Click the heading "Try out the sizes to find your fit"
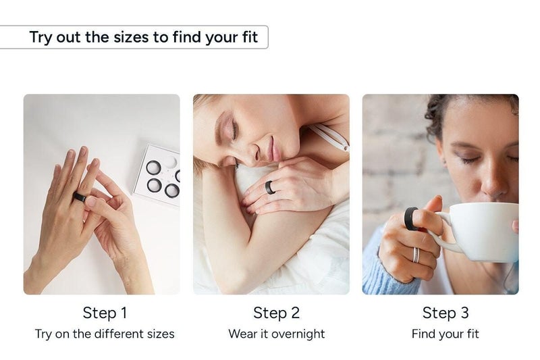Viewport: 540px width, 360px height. tap(144, 37)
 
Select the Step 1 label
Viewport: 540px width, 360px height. tap(105, 313)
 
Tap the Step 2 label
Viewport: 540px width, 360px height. tap(275, 313)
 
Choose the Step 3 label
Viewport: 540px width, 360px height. tap(445, 313)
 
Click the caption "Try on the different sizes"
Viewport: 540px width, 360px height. tap(105, 334)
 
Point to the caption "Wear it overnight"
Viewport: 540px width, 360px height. tap(276, 334)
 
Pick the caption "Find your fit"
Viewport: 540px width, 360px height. tap(445, 334)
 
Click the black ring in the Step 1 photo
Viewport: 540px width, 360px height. tap(80, 197)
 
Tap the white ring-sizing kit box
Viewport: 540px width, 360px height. tap(159, 173)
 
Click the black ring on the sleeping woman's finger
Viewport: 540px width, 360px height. tap(270, 187)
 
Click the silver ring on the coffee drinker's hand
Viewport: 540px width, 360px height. tap(416, 255)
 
